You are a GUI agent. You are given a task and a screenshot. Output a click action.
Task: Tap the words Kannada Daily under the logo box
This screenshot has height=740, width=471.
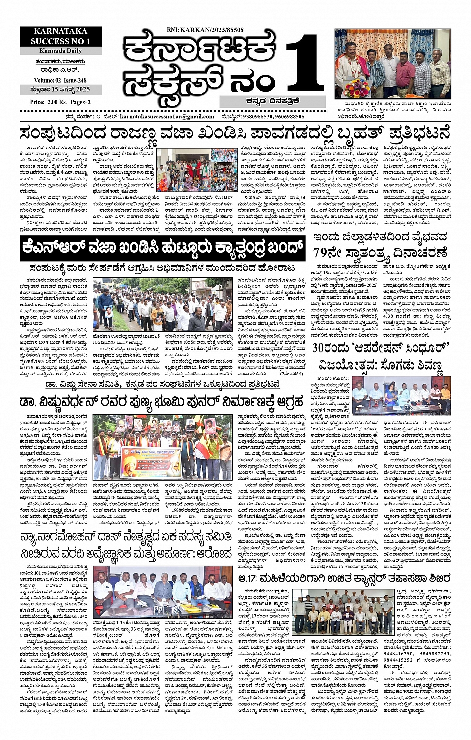pos(61,51)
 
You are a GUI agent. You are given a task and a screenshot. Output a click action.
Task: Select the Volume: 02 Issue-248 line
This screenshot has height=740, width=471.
pos(61,80)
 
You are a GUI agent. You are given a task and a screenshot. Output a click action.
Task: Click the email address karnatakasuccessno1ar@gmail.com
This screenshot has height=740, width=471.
pos(167,116)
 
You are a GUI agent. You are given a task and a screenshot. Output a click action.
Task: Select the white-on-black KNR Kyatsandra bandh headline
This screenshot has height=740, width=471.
pos(162,246)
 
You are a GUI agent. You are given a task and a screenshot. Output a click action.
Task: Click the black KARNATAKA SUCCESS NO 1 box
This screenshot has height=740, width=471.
pos(61,36)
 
